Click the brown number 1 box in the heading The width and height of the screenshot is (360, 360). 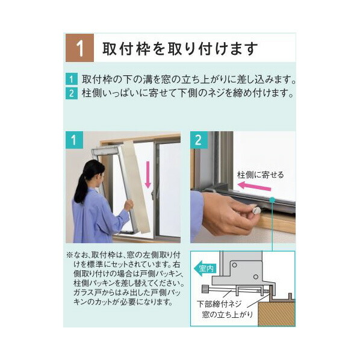click(x=79, y=48)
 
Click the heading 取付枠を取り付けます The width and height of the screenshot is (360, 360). click(x=180, y=48)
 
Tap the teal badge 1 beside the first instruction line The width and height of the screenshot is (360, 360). click(x=72, y=79)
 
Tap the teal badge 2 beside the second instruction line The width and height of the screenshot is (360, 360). click(x=72, y=94)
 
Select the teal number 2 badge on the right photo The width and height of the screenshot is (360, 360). click(x=199, y=141)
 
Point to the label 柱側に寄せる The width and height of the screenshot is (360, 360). click(x=259, y=175)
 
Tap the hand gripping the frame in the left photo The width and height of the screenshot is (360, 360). click(x=128, y=205)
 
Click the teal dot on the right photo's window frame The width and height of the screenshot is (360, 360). click(x=272, y=199)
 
